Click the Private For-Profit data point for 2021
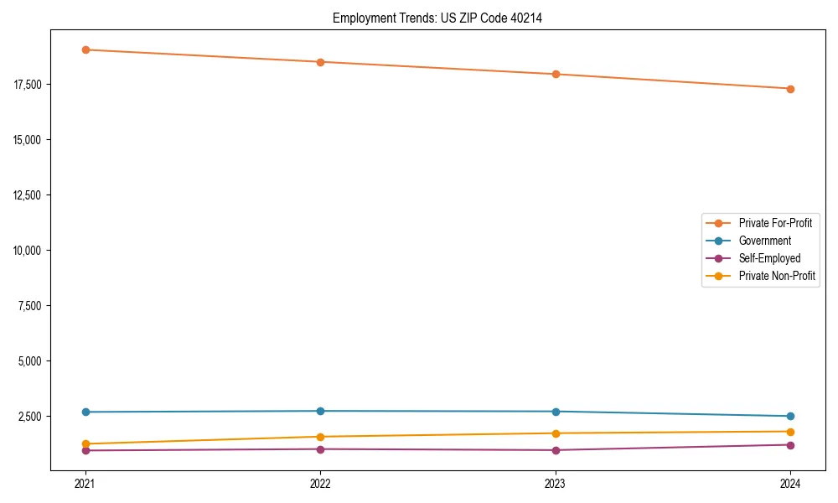point(85,49)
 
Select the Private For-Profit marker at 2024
point(790,89)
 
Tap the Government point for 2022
point(320,411)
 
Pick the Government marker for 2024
point(790,416)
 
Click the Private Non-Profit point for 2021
point(85,443)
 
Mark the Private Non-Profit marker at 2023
point(556,433)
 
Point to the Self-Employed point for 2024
point(790,445)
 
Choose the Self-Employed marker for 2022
point(320,449)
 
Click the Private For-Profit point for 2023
point(556,74)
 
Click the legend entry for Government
point(764,241)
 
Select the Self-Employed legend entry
point(769,258)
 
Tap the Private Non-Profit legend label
point(777,276)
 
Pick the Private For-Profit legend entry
point(775,223)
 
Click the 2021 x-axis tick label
point(85,484)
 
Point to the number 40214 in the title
point(526,18)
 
